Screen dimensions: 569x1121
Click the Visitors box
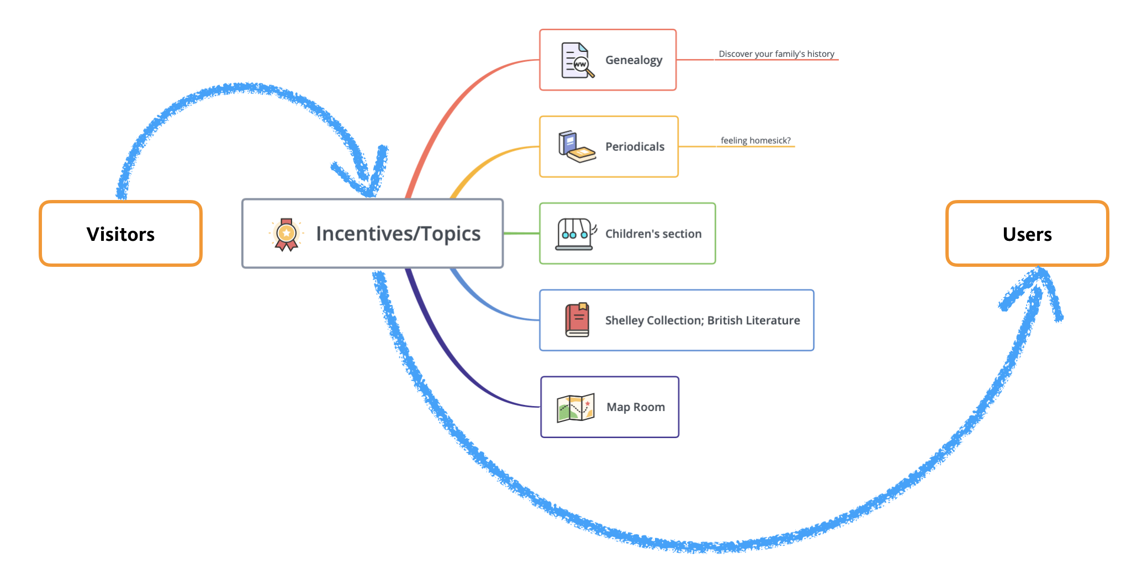pyautogui.click(x=120, y=234)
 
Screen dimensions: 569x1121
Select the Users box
pyautogui.click(x=1027, y=234)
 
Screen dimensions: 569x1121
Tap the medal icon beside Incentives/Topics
pyautogui.click(x=286, y=234)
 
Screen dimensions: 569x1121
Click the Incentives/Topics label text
pyautogui.click(x=398, y=234)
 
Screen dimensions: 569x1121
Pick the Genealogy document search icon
pyautogui.click(x=577, y=60)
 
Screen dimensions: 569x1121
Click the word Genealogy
pyautogui.click(x=633, y=60)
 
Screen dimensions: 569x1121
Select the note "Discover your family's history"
pyautogui.click(x=776, y=54)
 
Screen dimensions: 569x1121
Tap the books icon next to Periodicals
pyautogui.click(x=577, y=147)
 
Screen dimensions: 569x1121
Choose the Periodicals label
pyautogui.click(x=634, y=147)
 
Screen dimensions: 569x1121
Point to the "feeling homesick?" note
pyautogui.click(x=755, y=140)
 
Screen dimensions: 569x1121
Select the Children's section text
pyautogui.click(x=653, y=234)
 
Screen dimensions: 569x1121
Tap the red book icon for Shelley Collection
pyautogui.click(x=577, y=320)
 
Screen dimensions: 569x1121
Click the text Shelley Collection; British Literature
pyautogui.click(x=702, y=320)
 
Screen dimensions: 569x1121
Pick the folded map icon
pyautogui.click(x=575, y=408)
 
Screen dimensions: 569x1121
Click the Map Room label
pyautogui.click(x=635, y=407)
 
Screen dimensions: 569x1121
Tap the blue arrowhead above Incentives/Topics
pyautogui.click(x=367, y=177)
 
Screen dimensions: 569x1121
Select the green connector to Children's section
pyautogui.click(x=521, y=234)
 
